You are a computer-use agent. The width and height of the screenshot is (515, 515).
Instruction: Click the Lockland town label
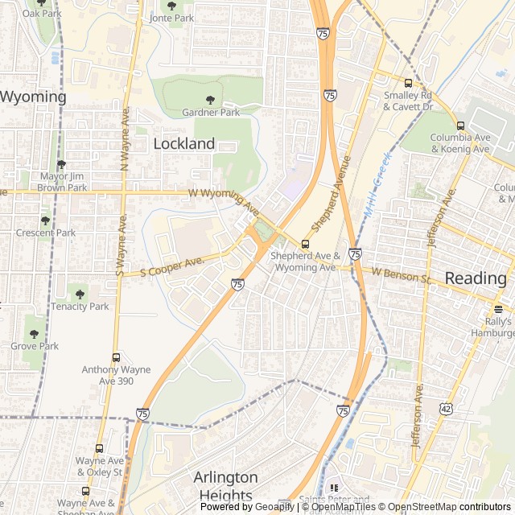(184, 144)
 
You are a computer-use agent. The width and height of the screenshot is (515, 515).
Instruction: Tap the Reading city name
(476, 278)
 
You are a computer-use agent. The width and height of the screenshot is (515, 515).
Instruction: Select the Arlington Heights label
(225, 486)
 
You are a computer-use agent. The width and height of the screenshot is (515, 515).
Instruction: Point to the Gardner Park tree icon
(210, 100)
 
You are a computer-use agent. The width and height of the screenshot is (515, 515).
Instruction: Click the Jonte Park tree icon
(171, 5)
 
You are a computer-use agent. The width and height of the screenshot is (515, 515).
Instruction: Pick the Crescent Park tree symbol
(45, 220)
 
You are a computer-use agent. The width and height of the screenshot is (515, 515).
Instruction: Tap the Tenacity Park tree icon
(79, 294)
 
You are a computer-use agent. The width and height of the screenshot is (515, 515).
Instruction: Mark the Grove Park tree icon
(35, 333)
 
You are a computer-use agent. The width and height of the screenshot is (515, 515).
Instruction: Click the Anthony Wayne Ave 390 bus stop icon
(116, 357)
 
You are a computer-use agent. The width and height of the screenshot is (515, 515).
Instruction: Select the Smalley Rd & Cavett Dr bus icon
(408, 83)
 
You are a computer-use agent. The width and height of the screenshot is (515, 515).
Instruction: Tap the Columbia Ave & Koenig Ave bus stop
(460, 126)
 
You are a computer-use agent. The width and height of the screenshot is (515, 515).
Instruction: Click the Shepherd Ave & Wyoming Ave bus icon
(305, 244)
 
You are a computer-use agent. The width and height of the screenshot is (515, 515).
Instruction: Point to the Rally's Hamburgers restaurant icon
(498, 309)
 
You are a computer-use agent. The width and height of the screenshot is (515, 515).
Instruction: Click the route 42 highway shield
(446, 409)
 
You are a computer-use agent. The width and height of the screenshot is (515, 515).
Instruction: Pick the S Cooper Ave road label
(172, 266)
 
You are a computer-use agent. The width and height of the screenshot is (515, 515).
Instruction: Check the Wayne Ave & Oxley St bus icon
(99, 448)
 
